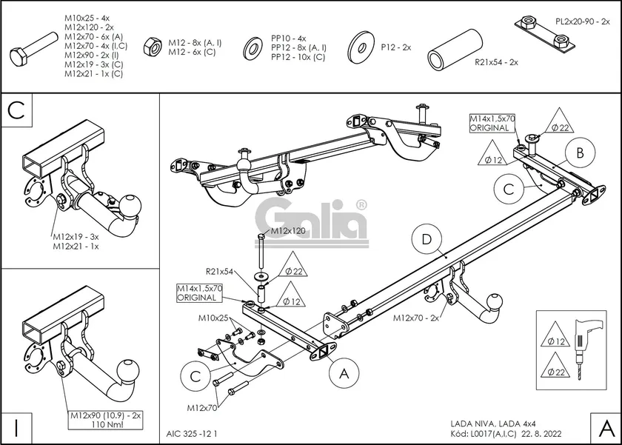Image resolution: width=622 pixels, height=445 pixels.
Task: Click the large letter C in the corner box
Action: tap(19, 110)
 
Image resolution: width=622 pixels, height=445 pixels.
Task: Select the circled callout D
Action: tap(426, 240)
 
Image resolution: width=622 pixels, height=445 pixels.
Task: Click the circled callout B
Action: tap(581, 153)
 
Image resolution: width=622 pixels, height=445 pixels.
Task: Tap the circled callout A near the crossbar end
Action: tap(344, 375)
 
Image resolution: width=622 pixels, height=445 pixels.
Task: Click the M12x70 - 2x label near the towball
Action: tap(416, 318)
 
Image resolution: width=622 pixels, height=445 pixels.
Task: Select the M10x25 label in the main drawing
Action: tap(213, 318)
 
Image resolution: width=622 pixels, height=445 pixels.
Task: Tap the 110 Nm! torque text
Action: tap(105, 426)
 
